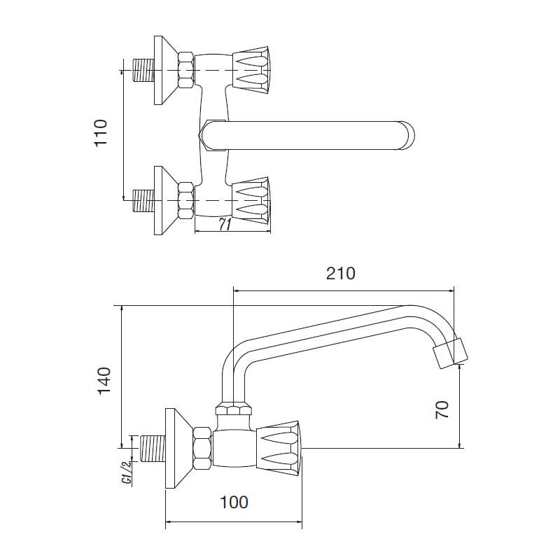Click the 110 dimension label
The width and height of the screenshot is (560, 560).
[100, 133]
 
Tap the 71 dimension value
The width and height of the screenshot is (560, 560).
[225, 225]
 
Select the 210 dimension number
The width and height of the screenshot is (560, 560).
[341, 274]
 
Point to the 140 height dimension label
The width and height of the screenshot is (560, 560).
[104, 381]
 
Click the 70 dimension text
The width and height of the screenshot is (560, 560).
[442, 409]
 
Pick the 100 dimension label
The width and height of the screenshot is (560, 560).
[234, 502]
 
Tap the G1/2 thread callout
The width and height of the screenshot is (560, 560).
[127, 472]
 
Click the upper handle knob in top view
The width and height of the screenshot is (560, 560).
[251, 71]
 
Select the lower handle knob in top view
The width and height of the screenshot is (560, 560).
[251, 200]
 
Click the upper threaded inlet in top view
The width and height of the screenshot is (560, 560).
[143, 70]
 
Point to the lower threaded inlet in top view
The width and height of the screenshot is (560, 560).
[143, 200]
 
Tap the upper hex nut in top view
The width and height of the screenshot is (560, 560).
[186, 70]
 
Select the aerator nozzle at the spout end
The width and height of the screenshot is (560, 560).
[450, 353]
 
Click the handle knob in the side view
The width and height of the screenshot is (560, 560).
[279, 448]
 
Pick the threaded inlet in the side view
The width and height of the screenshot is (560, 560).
[153, 448]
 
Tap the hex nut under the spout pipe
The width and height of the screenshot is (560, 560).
[233, 409]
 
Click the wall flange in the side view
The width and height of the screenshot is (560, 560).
[180, 448]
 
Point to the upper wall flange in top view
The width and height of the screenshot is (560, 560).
[167, 70]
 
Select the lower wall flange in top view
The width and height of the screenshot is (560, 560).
[167, 200]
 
